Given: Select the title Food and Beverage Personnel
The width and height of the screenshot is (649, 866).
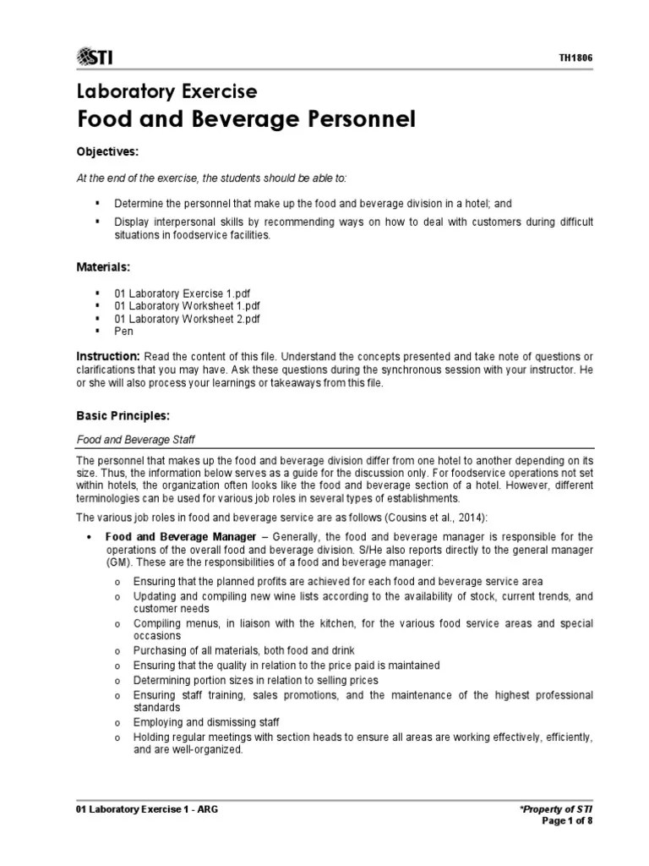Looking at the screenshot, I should tap(246, 120).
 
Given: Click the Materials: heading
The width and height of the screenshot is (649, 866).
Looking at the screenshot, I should tap(105, 266).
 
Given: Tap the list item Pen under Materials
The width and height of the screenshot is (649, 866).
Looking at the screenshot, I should tap(123, 332).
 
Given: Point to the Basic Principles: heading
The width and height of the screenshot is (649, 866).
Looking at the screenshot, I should tap(123, 415).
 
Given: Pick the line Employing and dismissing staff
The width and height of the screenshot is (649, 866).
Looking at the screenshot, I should tap(206, 721).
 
